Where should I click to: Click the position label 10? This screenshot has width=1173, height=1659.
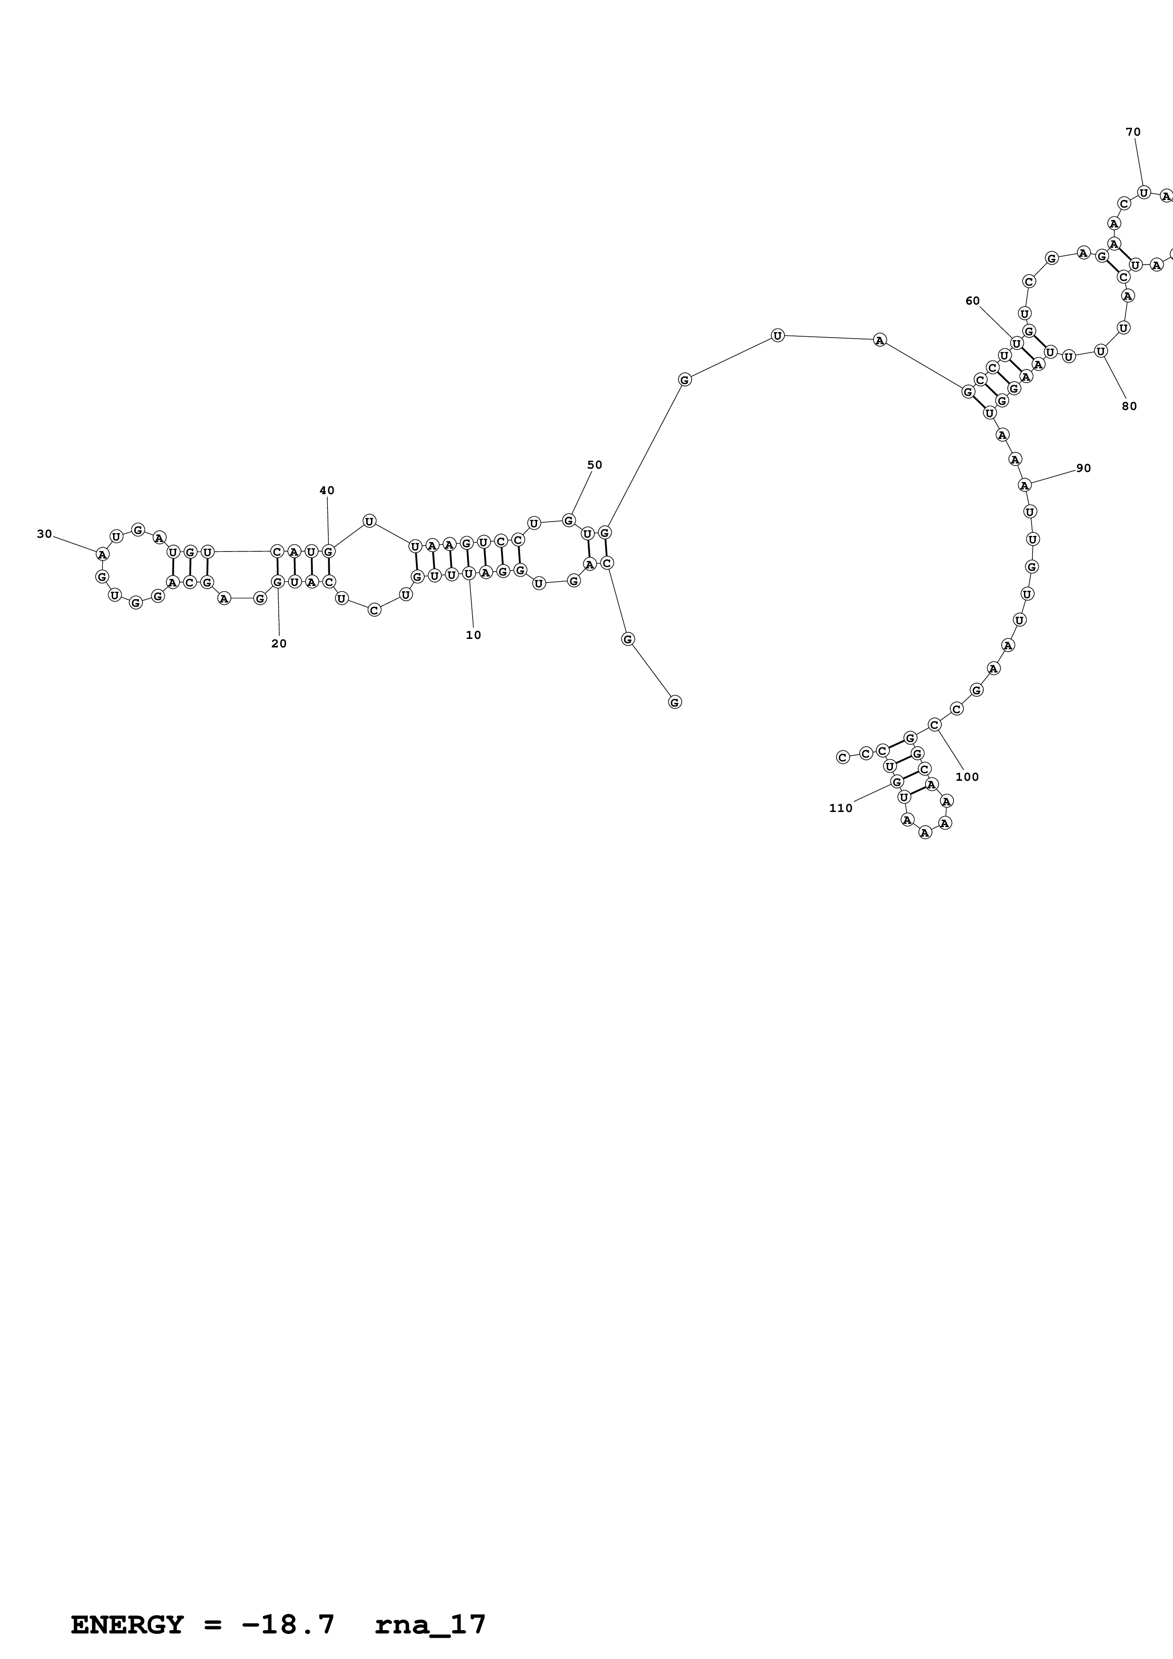point(473,635)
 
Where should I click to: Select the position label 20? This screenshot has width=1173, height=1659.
point(279,644)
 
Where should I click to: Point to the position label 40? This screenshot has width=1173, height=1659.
point(326,490)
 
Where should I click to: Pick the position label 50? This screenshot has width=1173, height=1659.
point(594,465)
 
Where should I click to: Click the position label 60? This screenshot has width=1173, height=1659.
point(973,301)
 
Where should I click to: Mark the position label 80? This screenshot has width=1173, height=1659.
point(1129,406)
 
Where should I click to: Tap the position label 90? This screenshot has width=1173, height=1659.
point(1084,468)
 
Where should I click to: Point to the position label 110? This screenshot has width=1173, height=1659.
point(840,809)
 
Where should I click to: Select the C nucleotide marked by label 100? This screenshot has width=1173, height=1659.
point(935,724)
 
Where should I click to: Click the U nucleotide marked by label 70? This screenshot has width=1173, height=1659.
point(1143,192)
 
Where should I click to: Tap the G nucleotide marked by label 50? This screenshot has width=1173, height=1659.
point(569,520)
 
